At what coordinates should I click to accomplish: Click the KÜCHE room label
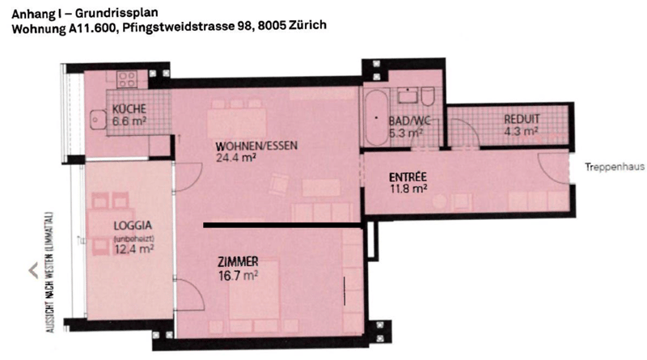click(x=129, y=109)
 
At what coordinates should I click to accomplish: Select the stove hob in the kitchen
click(x=127, y=79)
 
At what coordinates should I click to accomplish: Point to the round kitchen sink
click(x=96, y=120)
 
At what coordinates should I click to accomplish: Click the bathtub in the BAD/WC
click(x=376, y=117)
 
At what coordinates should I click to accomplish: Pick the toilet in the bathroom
click(x=428, y=95)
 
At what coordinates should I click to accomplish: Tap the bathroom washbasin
click(x=408, y=95)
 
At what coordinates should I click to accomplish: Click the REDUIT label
click(x=522, y=119)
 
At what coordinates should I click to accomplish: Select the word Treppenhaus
click(x=615, y=167)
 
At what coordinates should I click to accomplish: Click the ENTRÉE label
click(x=408, y=177)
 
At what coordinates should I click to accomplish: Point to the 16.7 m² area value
click(x=238, y=275)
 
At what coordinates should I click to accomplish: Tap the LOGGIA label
click(x=133, y=226)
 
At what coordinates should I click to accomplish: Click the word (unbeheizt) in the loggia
click(x=133, y=238)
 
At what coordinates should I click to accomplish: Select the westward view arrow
click(x=33, y=270)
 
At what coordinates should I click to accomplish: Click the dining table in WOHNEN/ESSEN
click(x=237, y=123)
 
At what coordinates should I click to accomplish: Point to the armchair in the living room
click(x=279, y=184)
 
